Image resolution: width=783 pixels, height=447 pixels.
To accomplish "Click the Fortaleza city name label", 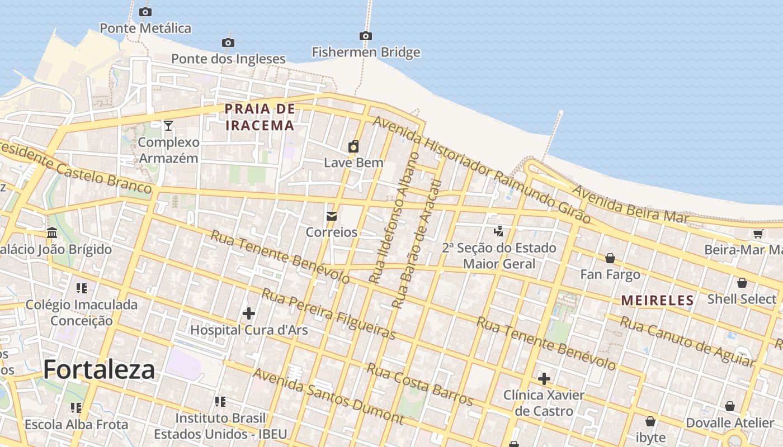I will [x=99, y=370].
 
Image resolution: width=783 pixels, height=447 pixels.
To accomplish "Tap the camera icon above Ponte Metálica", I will [x=145, y=12].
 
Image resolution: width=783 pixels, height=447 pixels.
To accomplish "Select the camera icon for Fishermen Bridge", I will [x=366, y=36].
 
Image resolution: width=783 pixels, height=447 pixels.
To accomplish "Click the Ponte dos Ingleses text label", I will [x=228, y=59].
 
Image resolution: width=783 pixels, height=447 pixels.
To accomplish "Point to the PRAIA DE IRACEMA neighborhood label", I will [x=260, y=117].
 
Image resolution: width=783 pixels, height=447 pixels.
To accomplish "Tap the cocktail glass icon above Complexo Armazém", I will [x=168, y=125].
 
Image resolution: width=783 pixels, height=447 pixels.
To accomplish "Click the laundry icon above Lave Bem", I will [x=353, y=146].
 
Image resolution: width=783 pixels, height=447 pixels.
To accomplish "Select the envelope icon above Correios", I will [x=332, y=216].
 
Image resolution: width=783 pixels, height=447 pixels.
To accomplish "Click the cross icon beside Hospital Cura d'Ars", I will [x=249, y=313].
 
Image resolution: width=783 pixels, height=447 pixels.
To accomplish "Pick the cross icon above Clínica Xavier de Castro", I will [x=544, y=379].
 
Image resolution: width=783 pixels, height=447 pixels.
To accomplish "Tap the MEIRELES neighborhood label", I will [x=657, y=301].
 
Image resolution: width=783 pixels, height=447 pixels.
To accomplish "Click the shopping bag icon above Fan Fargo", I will [x=610, y=258].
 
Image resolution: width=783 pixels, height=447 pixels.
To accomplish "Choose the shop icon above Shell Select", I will [x=742, y=283].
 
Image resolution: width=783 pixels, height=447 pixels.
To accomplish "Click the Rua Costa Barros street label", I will [x=419, y=384].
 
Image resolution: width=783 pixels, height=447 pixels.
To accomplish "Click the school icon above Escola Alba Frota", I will [x=76, y=408].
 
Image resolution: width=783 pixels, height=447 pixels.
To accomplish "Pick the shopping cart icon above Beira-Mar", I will [x=758, y=234].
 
